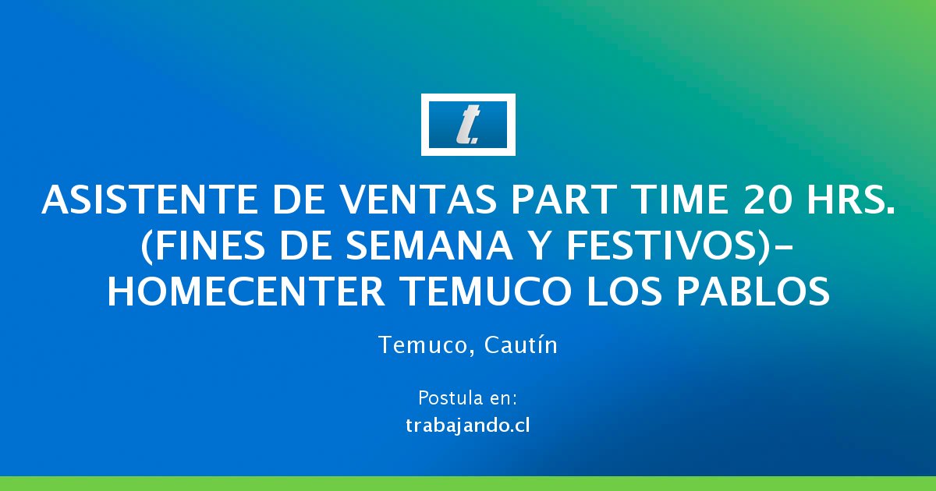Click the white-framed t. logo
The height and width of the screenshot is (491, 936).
click(x=468, y=125)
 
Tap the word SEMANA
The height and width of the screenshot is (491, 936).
click(x=430, y=245)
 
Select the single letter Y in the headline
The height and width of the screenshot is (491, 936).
click(x=540, y=245)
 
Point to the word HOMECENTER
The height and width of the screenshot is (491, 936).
click(x=246, y=291)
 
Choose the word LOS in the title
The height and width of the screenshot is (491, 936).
click(x=624, y=291)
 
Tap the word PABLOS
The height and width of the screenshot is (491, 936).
click(x=753, y=291)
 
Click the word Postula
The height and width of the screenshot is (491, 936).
click(x=446, y=397)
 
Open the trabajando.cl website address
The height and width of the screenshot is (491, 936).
click(x=468, y=426)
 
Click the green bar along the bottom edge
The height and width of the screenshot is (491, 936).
click(x=468, y=483)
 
